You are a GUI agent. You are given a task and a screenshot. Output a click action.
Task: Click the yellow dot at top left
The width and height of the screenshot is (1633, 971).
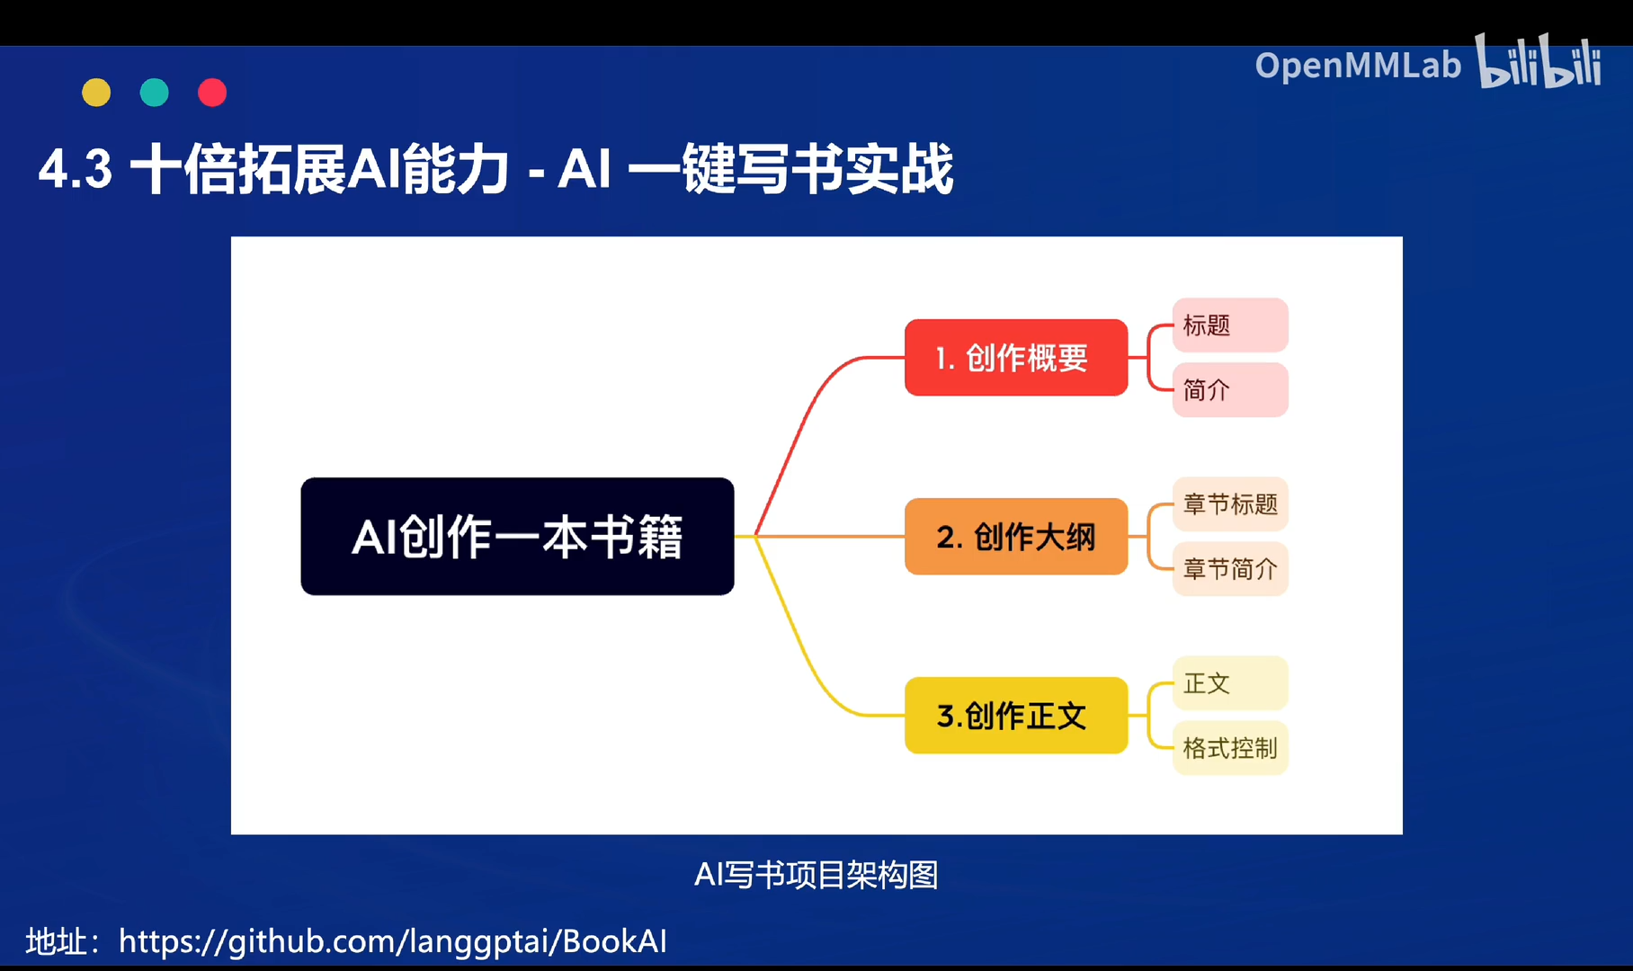click(x=96, y=93)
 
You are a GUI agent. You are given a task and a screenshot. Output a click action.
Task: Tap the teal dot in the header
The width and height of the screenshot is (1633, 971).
click(x=155, y=93)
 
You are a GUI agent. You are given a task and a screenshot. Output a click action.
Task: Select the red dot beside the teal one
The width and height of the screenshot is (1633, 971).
click(x=212, y=93)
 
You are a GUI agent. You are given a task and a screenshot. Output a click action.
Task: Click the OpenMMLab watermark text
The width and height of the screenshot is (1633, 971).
click(x=1358, y=66)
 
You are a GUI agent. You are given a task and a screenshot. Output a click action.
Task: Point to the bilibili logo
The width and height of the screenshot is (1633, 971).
click(x=1539, y=63)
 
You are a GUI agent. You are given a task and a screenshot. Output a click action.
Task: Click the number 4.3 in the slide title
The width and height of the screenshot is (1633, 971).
click(x=76, y=169)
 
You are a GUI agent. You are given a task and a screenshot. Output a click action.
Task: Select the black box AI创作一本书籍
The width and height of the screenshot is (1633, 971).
click(x=517, y=537)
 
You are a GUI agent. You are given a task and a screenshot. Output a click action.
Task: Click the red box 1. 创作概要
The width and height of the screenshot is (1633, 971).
click(x=1015, y=358)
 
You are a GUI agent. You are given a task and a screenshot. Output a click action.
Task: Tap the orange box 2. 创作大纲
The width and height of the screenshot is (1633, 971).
click(x=1015, y=537)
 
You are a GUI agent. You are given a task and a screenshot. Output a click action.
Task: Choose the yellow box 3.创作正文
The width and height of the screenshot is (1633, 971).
click(x=1015, y=716)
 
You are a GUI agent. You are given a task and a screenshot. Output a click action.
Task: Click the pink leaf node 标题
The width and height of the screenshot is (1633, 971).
click(x=1229, y=325)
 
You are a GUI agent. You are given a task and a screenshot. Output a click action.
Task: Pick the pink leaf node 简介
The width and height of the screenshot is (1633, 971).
click(x=1229, y=390)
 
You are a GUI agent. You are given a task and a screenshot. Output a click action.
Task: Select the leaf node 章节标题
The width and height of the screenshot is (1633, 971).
click(x=1229, y=504)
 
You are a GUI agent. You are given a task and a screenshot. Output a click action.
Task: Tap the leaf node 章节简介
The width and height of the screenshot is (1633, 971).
click(x=1229, y=569)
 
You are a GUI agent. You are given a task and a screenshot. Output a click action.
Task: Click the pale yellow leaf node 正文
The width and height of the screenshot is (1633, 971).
click(x=1229, y=683)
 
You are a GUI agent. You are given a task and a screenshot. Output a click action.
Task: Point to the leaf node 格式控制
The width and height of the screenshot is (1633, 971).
click(x=1229, y=748)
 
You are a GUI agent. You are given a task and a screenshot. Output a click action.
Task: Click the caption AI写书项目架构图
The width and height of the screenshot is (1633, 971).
click(x=816, y=875)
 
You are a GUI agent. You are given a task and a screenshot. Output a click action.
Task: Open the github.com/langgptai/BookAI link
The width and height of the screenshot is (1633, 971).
click(x=393, y=941)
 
